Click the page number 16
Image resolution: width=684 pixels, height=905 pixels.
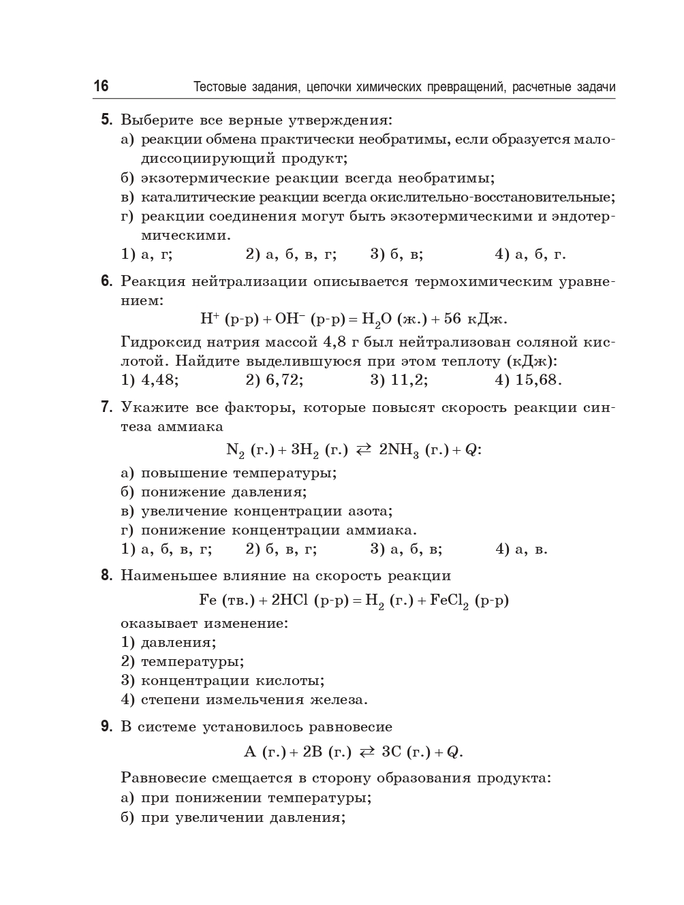[101, 86]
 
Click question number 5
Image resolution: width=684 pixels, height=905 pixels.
[106, 121]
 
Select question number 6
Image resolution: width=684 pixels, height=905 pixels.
[106, 281]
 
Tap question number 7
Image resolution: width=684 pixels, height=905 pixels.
[106, 407]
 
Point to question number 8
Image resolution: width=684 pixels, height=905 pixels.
[106, 575]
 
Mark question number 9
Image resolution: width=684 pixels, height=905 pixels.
[106, 727]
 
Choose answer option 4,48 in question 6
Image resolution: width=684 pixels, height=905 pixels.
[159, 380]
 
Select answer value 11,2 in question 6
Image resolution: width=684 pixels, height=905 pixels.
[409, 380]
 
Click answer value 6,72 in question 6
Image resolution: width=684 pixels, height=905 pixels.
[284, 380]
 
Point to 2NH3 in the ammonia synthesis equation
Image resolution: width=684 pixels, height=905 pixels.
[399, 450]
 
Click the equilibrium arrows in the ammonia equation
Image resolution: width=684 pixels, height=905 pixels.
[364, 449]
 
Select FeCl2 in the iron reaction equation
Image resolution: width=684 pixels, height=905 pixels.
[450, 601]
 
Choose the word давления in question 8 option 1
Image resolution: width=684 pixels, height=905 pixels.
[178, 642]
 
